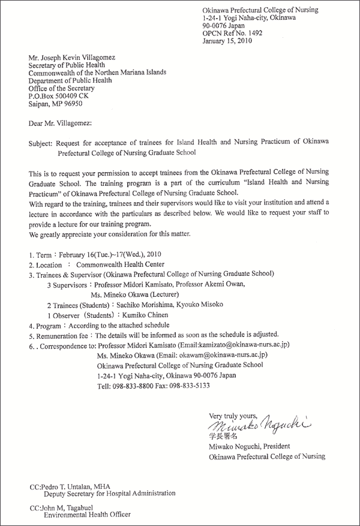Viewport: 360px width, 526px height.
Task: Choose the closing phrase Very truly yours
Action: click(x=233, y=416)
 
